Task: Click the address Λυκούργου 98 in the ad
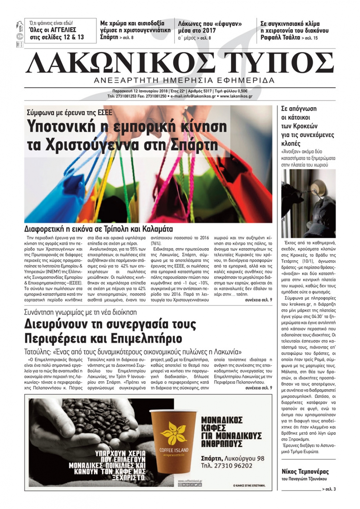(244, 458)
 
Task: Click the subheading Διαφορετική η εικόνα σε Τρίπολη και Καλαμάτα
(98, 229)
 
